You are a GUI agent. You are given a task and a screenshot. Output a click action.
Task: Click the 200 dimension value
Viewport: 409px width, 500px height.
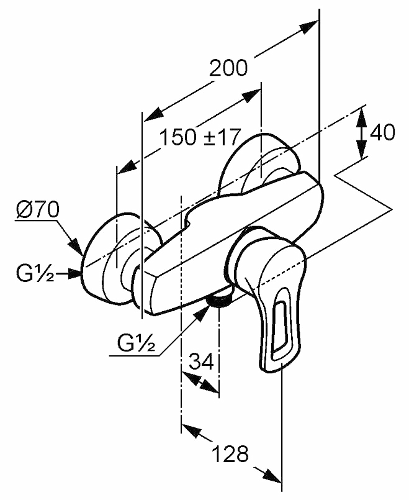[x=228, y=68]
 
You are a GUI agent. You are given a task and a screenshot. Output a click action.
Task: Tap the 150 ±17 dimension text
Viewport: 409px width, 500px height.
[x=199, y=138]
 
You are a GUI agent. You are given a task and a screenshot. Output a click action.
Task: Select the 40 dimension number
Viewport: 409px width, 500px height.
[x=382, y=132]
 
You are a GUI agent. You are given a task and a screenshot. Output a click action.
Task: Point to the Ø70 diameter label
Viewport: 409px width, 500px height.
[x=38, y=210]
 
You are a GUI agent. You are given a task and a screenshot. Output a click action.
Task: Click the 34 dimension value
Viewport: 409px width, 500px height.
[x=201, y=361]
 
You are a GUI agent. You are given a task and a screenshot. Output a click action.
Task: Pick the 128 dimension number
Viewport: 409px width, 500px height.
[x=231, y=453]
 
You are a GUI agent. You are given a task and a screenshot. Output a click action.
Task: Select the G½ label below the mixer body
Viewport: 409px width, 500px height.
[x=136, y=342]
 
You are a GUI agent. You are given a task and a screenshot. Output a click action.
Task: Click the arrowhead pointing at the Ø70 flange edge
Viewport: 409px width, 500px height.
[x=76, y=248]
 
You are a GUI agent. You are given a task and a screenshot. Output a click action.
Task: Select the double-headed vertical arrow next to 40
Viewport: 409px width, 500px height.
[x=361, y=134]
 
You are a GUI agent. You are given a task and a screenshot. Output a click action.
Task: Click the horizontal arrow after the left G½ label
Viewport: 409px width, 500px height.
[x=68, y=274]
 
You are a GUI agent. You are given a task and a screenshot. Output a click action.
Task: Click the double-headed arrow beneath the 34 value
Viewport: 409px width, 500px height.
[x=200, y=382]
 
